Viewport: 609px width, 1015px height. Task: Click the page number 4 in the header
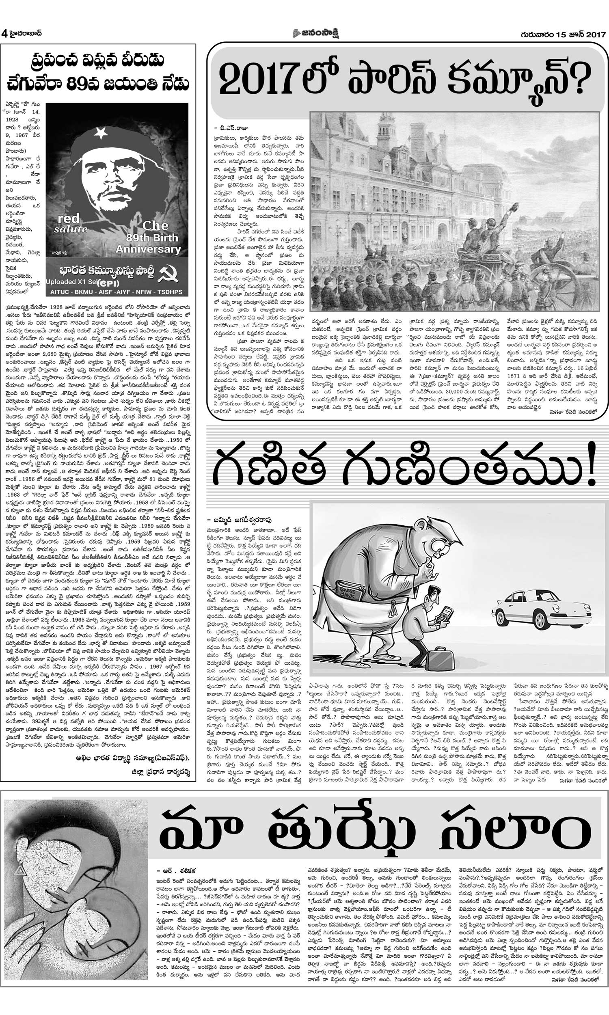pos(4,33)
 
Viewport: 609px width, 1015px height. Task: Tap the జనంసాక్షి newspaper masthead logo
pos(315,33)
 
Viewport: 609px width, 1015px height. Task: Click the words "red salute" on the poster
pos(70,223)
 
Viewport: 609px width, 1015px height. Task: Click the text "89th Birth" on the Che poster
pos(152,238)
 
